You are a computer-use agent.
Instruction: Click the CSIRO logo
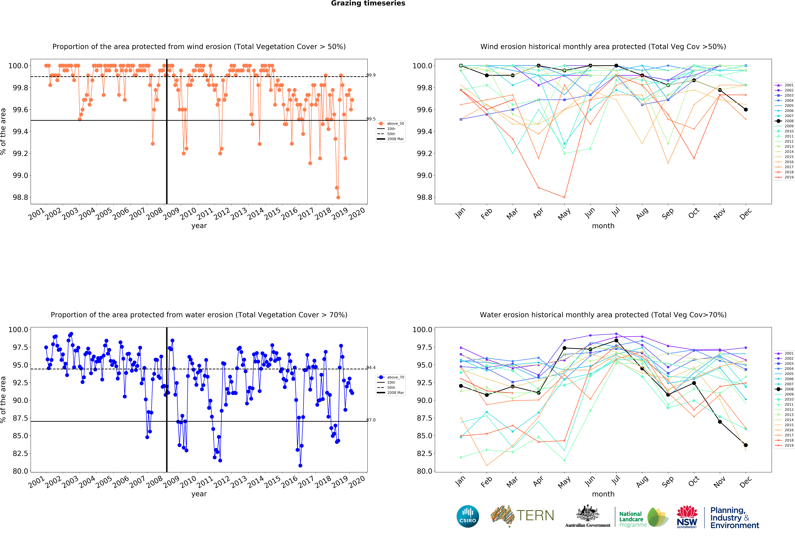(468, 516)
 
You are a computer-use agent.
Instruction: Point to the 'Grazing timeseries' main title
(368, 3)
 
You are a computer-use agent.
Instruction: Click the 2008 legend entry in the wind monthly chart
(784, 121)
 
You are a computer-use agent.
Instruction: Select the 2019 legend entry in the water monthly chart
(784, 445)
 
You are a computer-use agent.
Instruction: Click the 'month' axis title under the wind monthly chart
(603, 226)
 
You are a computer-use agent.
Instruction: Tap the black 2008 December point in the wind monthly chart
(746, 109)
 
